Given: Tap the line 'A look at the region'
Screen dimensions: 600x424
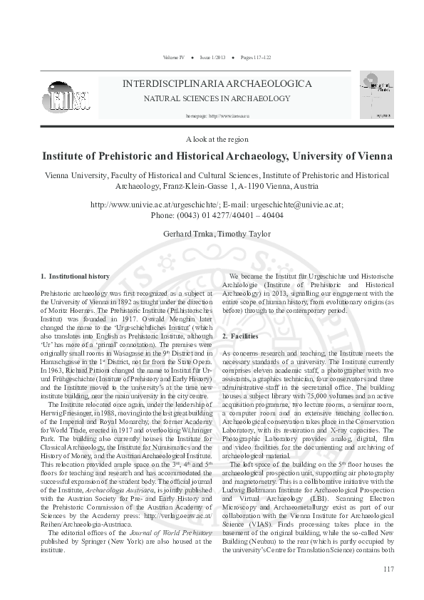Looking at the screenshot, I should (x=212, y=140).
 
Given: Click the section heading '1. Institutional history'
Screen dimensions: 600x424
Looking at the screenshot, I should (x=75, y=276).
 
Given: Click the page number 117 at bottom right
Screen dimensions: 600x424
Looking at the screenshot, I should (x=388, y=588).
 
